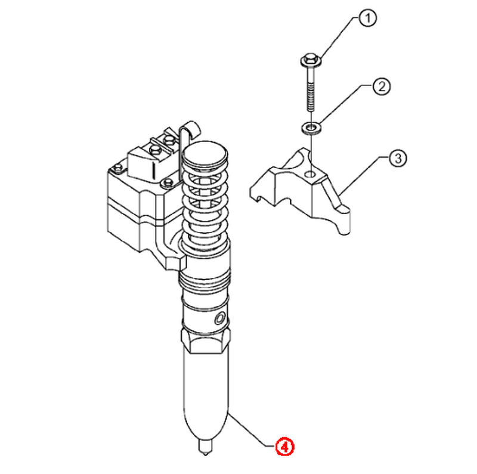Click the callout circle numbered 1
click(x=367, y=18)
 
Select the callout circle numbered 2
click(x=382, y=86)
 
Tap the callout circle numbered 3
click(x=398, y=158)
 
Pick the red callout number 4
click(x=285, y=447)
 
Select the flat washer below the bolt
click(x=311, y=127)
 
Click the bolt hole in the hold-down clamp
click(x=311, y=174)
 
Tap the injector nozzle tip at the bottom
click(x=205, y=447)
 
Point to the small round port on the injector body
click(x=219, y=319)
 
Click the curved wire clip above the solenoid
click(x=188, y=131)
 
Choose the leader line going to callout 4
click(x=252, y=430)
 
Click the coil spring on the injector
click(x=205, y=204)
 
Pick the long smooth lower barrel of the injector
click(x=205, y=395)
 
